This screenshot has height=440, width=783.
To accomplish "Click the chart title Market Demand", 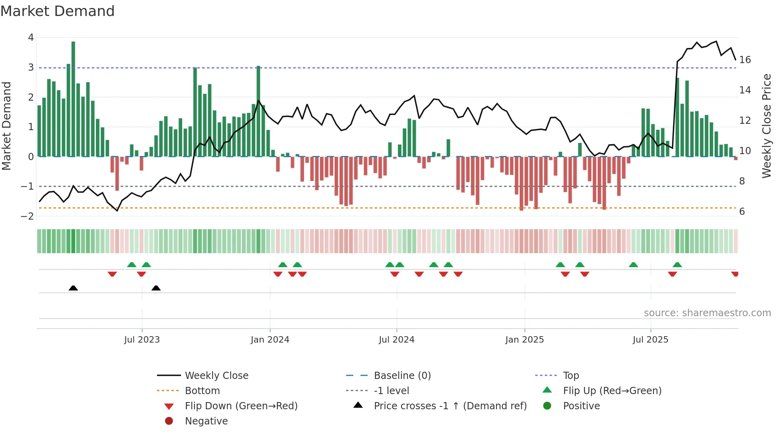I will [x=58, y=11].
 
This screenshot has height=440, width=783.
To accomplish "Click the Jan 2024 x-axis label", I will [x=270, y=340].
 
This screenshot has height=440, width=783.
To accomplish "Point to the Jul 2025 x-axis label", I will [x=650, y=340].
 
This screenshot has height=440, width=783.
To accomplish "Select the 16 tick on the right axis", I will [x=745, y=60].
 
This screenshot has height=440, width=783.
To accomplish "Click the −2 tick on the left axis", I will [x=27, y=216].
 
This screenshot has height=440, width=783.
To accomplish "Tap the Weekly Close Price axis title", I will [x=766, y=126].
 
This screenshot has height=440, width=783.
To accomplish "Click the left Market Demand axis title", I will [x=6, y=126].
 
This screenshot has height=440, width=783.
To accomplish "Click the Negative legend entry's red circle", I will [x=169, y=421].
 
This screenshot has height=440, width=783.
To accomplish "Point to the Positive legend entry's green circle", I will [x=547, y=406].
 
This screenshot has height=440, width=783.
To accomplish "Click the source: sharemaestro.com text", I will [x=707, y=313].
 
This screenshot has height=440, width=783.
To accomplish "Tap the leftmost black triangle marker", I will [x=73, y=288].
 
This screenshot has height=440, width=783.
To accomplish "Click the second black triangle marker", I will [x=156, y=288].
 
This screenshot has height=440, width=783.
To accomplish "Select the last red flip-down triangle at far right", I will [x=735, y=274].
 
